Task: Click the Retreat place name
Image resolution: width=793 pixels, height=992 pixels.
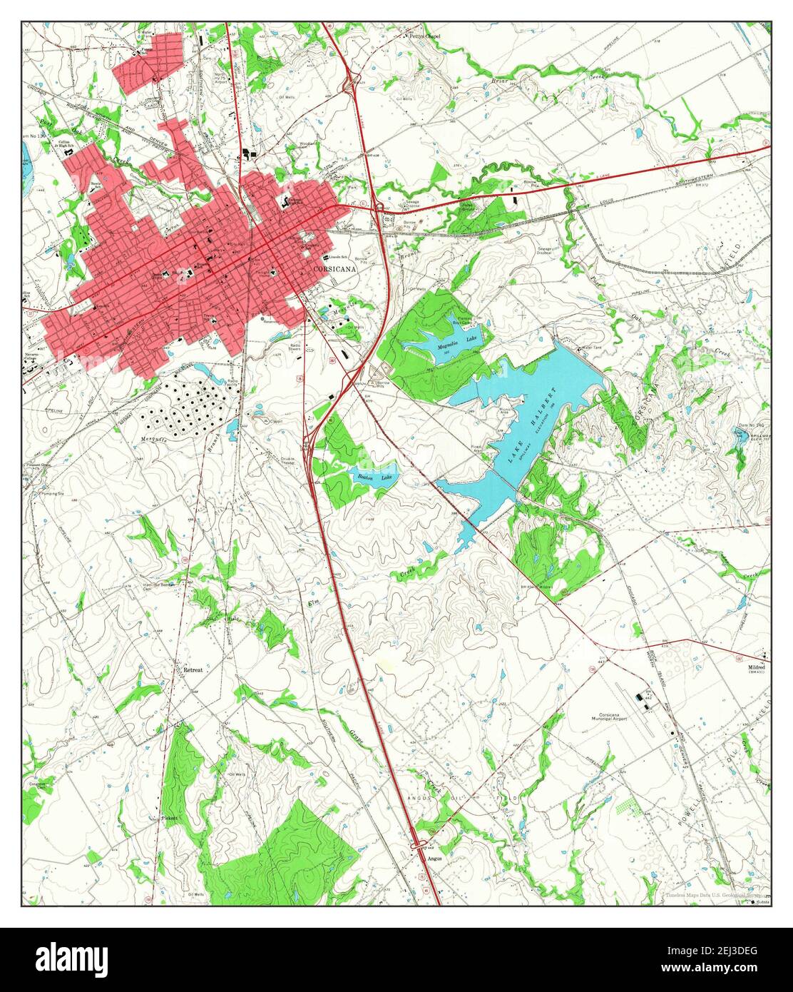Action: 193,671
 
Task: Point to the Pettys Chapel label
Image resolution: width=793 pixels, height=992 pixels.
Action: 424,36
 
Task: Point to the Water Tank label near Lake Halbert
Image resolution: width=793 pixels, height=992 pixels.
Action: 593,348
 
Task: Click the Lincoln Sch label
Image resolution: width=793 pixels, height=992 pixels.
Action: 338,256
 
